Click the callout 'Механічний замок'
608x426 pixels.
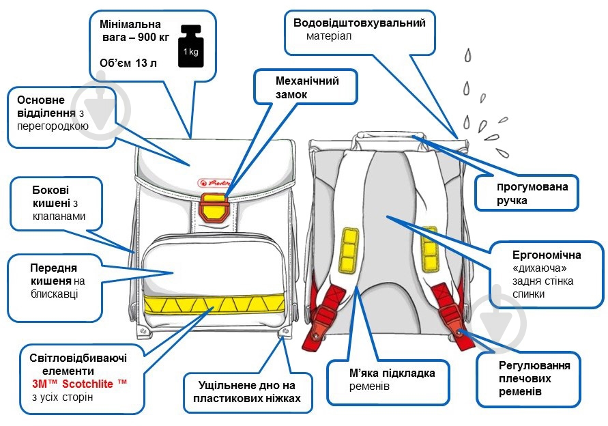pyautogui.click(x=306, y=87)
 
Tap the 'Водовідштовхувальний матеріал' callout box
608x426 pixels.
pyautogui.click(x=359, y=29)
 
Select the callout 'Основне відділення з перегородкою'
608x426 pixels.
pyautogui.click(x=61, y=116)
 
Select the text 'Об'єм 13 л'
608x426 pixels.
pyautogui.click(x=128, y=63)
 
